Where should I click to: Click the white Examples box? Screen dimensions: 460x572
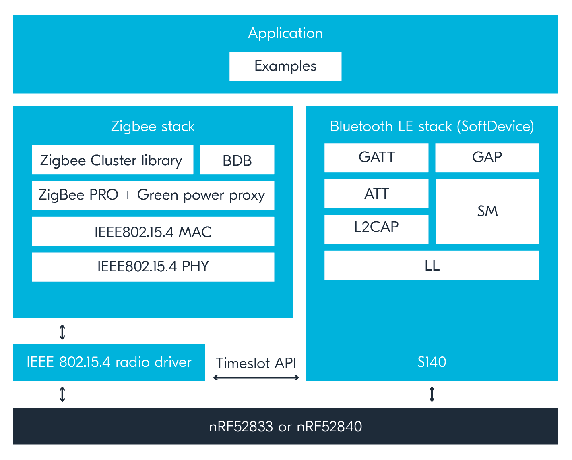pyautogui.click(x=285, y=66)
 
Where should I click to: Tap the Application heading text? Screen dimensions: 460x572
pyautogui.click(x=285, y=33)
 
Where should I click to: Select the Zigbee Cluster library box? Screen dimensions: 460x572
pyautogui.click(x=112, y=160)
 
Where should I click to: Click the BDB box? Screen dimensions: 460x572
pyautogui.click(x=237, y=160)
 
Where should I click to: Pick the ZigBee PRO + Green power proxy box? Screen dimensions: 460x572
pyautogui.click(x=153, y=195)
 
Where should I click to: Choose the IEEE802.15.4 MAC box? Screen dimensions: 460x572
pyautogui.click(x=153, y=231)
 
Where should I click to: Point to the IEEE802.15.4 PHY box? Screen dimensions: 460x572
pyautogui.click(x=153, y=267)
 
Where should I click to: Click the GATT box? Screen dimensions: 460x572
pyautogui.click(x=376, y=157)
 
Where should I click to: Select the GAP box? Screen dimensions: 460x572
pyautogui.click(x=487, y=157)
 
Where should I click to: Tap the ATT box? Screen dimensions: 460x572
pyautogui.click(x=376, y=194)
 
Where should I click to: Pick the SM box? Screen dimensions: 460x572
pyautogui.click(x=487, y=211)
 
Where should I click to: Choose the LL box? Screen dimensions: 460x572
pyautogui.click(x=432, y=265)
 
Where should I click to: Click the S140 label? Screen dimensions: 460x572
pyautogui.click(x=432, y=362)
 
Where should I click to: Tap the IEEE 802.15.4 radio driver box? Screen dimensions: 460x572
pyautogui.click(x=109, y=362)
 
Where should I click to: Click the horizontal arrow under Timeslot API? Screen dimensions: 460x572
pyautogui.click(x=256, y=378)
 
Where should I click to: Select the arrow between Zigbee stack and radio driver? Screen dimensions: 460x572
pyautogui.click(x=62, y=332)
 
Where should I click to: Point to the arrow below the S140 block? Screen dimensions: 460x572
pyautogui.click(x=432, y=394)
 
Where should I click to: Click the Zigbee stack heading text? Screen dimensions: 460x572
pyautogui.click(x=153, y=127)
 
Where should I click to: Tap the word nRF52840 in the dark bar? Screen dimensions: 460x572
pyautogui.click(x=329, y=427)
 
